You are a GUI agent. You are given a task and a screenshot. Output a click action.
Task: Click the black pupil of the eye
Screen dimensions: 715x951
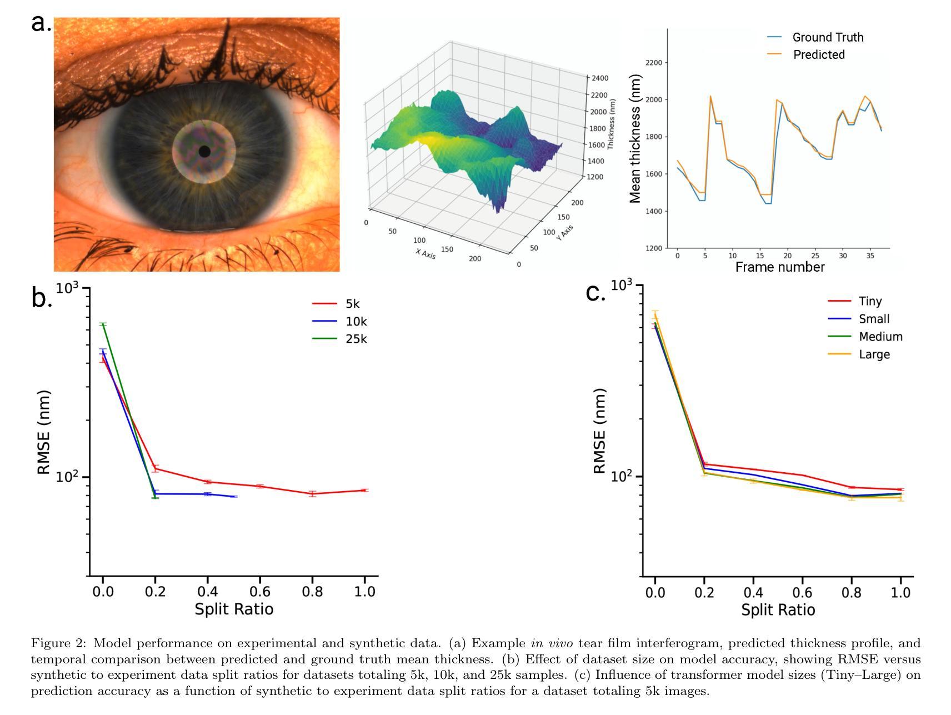204,151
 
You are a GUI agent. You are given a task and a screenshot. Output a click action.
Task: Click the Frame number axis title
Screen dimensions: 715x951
779,267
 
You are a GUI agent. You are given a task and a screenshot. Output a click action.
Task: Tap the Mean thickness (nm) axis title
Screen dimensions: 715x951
635,139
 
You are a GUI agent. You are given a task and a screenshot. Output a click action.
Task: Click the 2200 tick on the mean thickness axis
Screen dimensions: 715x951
654,63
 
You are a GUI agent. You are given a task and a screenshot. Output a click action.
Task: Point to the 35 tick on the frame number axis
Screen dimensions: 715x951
870,256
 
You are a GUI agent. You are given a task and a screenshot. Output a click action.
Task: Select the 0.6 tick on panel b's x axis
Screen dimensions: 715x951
260,591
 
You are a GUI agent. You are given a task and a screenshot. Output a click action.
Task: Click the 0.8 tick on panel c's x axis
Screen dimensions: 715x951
852,592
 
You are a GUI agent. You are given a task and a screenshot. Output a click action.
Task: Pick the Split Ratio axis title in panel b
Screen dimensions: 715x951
234,609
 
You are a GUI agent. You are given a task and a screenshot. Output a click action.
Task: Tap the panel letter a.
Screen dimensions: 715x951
40,23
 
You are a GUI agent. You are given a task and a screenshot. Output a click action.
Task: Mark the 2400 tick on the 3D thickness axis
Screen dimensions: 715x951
600,78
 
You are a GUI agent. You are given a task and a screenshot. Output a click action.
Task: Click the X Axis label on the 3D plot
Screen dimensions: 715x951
426,254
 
